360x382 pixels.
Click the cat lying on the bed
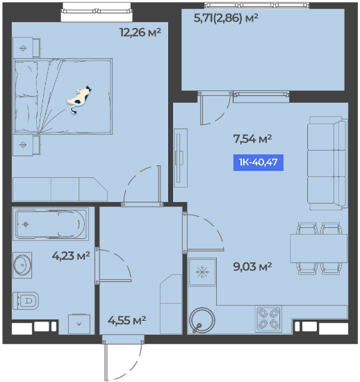[79, 99]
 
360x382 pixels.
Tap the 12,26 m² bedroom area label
[140, 32]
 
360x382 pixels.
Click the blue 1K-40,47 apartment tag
[259, 163]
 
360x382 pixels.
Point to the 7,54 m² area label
[252, 139]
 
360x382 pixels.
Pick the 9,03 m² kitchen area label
[252, 267]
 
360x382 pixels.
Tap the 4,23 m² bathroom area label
[71, 256]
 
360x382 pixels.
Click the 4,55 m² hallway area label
[127, 320]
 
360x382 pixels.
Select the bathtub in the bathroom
[51, 224]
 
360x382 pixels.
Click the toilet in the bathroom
[26, 301]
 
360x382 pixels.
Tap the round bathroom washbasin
[22, 265]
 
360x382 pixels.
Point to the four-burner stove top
[268, 319]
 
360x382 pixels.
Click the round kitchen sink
[202, 320]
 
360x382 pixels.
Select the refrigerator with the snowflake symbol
[202, 272]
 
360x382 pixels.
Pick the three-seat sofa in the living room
[327, 163]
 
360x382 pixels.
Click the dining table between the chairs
[318, 249]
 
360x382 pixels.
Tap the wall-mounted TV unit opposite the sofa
[181, 158]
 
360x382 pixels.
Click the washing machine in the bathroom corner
[79, 324]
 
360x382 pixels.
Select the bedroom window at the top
[97, 11]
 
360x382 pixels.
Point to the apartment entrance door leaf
[106, 360]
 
